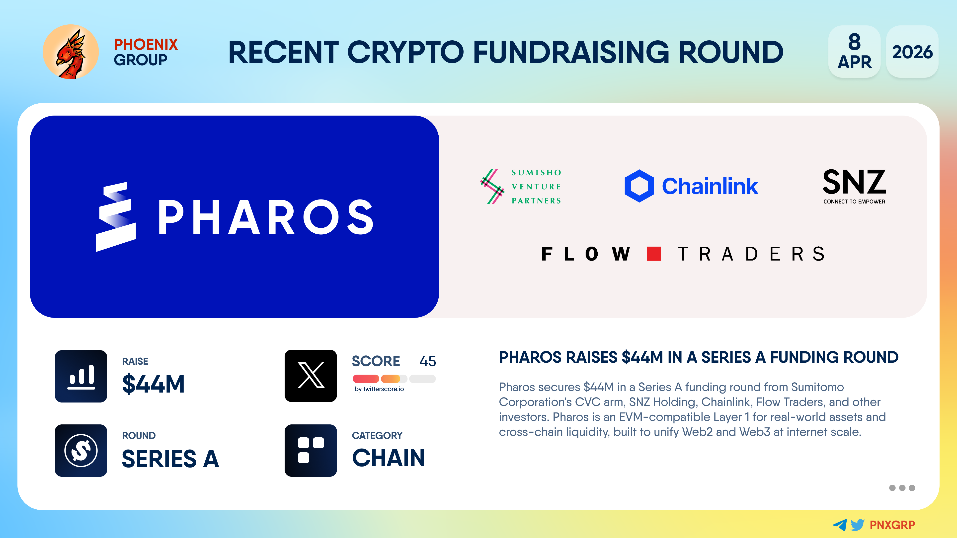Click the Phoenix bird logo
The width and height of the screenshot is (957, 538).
[x=71, y=52]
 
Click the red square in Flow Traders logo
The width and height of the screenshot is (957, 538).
[x=654, y=254]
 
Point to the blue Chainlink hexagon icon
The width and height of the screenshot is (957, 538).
[x=639, y=186]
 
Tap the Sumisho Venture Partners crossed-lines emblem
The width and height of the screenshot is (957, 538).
[x=492, y=186]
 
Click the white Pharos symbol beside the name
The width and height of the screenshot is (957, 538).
[x=116, y=217]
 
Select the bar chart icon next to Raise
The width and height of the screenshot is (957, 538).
[x=81, y=376]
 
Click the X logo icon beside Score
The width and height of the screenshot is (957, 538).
[x=311, y=376]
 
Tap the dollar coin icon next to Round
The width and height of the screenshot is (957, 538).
[x=81, y=450]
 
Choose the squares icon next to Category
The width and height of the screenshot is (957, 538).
[x=311, y=450]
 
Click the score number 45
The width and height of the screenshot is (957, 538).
[x=428, y=361]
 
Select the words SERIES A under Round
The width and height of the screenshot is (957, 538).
[x=170, y=459]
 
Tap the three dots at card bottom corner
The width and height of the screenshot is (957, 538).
[x=902, y=488]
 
